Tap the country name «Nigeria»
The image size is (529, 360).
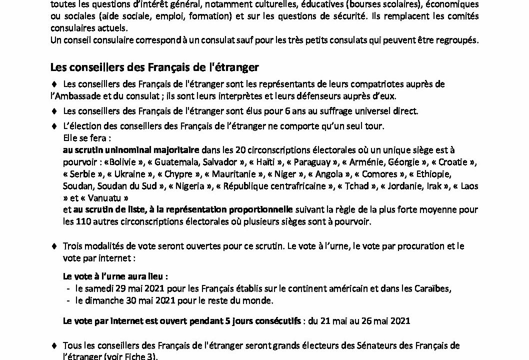coord(196,186)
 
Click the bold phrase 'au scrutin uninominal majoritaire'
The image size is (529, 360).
coord(132,149)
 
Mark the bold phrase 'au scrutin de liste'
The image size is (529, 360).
coord(108,209)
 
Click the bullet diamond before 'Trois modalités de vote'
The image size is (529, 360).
coord(54,246)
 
